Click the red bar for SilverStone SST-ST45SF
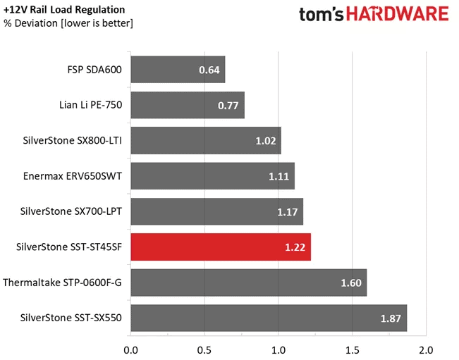click(x=220, y=247)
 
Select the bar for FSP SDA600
click(x=178, y=70)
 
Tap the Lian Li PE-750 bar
click(x=187, y=105)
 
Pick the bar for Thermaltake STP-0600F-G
click(x=248, y=283)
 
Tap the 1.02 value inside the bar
click(x=266, y=141)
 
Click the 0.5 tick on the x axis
click(x=204, y=348)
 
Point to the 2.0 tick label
click(x=425, y=348)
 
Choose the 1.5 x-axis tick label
click(x=352, y=348)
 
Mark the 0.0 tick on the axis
click(x=130, y=348)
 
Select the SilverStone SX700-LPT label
click(x=73, y=211)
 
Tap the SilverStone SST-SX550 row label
click(x=73, y=318)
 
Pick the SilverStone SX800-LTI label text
click(x=73, y=140)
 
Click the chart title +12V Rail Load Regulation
click(x=64, y=10)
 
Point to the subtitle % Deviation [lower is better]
click(x=68, y=24)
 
